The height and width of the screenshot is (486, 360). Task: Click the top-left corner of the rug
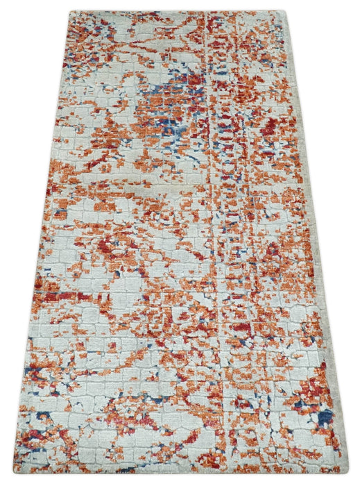pos(70,12)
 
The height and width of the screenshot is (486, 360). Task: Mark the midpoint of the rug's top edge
pos(178,11)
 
